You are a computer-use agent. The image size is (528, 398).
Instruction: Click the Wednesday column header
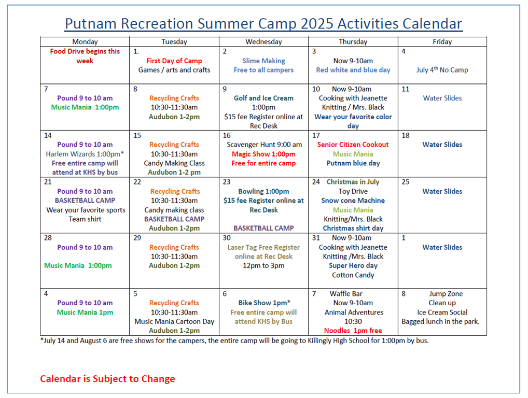coord(263,42)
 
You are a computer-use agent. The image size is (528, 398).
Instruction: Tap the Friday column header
coord(442,42)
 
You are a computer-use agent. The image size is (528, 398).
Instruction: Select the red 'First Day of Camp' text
coord(174,61)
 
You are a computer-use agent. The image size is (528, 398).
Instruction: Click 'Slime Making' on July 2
coord(263,61)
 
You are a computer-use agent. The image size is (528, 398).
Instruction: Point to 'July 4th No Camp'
coord(442,69)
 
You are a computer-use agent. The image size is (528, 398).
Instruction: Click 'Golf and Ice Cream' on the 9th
coord(263,98)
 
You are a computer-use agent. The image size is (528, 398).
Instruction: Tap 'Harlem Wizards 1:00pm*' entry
coord(85,154)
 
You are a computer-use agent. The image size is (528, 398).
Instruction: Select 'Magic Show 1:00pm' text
coord(263,154)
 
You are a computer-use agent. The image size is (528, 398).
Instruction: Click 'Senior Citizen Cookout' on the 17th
coord(353,145)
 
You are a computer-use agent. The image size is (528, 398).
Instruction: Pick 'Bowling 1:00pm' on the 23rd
coord(263,191)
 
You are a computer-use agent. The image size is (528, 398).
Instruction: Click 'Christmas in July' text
coord(353,182)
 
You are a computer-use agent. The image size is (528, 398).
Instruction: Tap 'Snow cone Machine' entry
coord(353,201)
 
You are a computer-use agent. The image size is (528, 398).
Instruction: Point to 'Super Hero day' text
coord(353,266)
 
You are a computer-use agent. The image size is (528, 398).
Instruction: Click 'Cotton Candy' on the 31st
coord(353,275)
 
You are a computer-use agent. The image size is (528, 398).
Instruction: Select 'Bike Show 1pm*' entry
coord(265,303)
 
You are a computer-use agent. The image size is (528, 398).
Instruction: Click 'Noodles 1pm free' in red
coord(353,331)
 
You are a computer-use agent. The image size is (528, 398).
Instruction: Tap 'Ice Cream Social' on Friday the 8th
coord(442,312)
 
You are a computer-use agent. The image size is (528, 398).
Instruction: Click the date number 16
coord(227,135)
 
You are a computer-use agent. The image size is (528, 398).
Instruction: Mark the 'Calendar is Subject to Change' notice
coord(107,379)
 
